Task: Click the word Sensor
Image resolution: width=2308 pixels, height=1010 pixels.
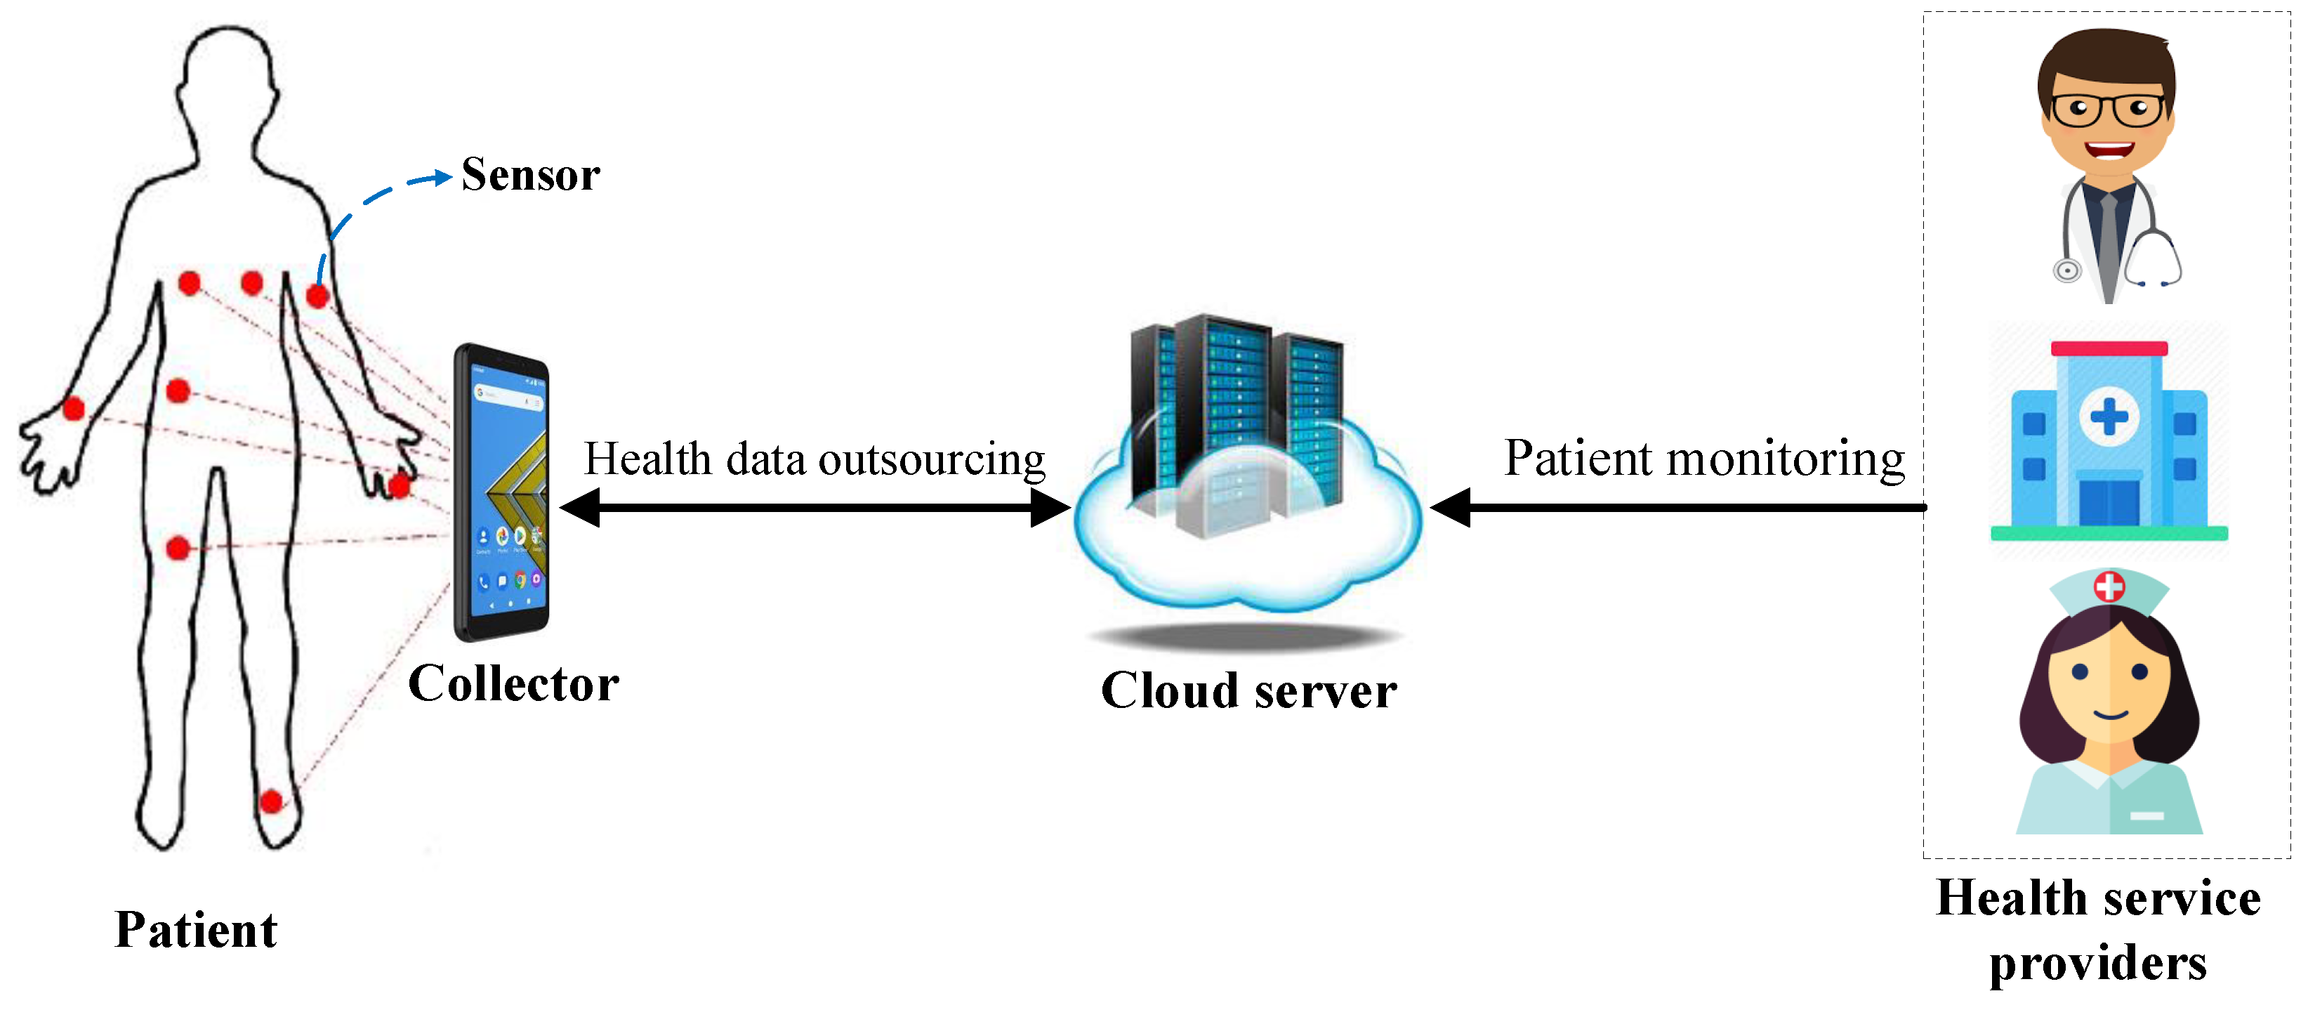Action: pyautogui.click(x=530, y=174)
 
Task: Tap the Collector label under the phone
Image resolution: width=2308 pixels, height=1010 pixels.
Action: pyautogui.click(x=513, y=684)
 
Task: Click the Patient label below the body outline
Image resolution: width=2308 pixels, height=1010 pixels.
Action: pyautogui.click(x=196, y=929)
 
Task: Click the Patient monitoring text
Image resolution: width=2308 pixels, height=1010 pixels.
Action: pyautogui.click(x=1703, y=458)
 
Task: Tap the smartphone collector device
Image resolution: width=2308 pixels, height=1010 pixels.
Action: pyautogui.click(x=503, y=493)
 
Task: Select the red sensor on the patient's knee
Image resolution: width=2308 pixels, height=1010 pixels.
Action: pyautogui.click(x=178, y=546)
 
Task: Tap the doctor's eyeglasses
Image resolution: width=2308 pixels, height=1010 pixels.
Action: pyautogui.click(x=2108, y=110)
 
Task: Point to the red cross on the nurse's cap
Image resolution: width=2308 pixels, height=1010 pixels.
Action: pyautogui.click(x=2109, y=586)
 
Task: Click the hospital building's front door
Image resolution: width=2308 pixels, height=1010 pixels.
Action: pyautogui.click(x=2108, y=502)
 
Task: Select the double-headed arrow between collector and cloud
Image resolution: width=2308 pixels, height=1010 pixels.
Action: pyautogui.click(x=815, y=508)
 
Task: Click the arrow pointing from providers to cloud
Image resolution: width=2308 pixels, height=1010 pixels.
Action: pyautogui.click(x=1675, y=508)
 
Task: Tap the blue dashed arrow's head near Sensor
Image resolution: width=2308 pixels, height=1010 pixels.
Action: pyautogui.click(x=442, y=178)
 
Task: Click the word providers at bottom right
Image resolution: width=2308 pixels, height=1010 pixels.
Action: pyautogui.click(x=2097, y=964)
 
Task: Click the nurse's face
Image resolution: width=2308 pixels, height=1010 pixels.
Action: pyautogui.click(x=2110, y=690)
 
